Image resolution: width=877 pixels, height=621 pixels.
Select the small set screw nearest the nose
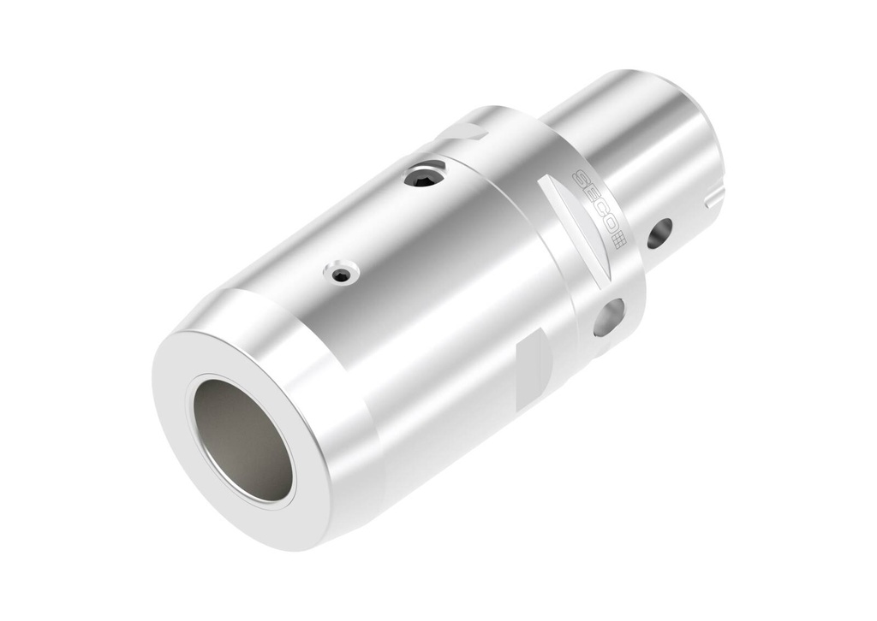pos(341,274)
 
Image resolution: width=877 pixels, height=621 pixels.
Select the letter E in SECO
pos(589,195)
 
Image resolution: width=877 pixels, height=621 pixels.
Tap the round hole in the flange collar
pos(609,316)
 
